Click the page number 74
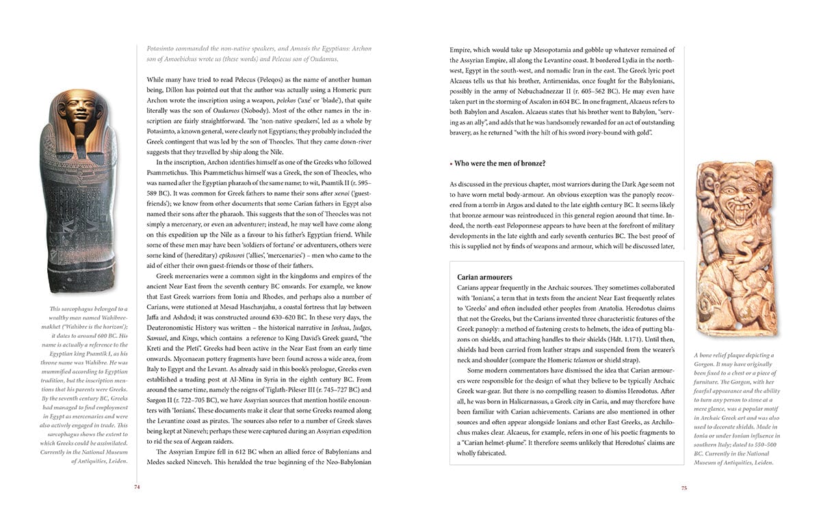pyautogui.click(x=137, y=487)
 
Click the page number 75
pyautogui.click(x=684, y=487)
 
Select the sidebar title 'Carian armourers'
pyautogui.click(x=485, y=277)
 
